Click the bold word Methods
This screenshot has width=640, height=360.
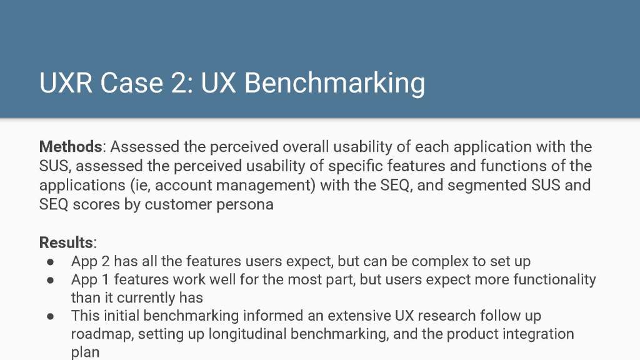[71, 146]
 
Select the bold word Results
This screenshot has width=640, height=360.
[66, 242]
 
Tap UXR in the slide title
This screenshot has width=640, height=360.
[66, 83]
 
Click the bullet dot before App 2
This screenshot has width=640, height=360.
[51, 262]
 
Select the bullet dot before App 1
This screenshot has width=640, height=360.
[51, 280]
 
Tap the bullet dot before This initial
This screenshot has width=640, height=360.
[51, 316]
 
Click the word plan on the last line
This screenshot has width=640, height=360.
[85, 352]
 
